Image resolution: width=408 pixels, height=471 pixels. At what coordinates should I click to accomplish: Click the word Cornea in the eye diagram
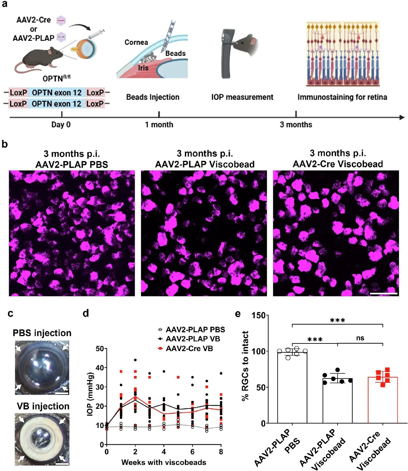pyautogui.click(x=136, y=42)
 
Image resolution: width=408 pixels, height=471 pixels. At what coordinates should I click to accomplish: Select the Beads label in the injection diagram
pyautogui.click(x=175, y=53)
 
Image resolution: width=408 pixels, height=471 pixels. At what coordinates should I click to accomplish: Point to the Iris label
pyautogui.click(x=143, y=68)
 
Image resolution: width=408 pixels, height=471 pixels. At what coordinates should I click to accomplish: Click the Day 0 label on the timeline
pyautogui.click(x=61, y=125)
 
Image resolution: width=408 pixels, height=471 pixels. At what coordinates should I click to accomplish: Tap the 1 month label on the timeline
pyautogui.click(x=159, y=125)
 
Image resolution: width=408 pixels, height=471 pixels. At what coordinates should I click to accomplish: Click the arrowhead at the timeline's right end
pyautogui.click(x=402, y=117)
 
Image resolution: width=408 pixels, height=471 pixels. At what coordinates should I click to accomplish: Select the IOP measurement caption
pyautogui.click(x=242, y=97)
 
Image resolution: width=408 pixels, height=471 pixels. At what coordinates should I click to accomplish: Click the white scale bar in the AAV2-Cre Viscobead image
pyautogui.click(x=384, y=293)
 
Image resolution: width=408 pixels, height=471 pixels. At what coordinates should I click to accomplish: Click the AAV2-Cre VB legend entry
pyautogui.click(x=189, y=349)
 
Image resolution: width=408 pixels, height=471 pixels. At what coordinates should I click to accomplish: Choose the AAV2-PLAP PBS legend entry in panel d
pyautogui.click(x=195, y=329)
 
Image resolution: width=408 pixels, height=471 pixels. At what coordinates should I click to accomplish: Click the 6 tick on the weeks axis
pyautogui.click(x=193, y=452)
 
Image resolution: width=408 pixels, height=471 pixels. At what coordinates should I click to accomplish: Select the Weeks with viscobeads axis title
pyautogui.click(x=164, y=462)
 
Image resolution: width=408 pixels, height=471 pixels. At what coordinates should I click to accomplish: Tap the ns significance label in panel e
pyautogui.click(x=360, y=338)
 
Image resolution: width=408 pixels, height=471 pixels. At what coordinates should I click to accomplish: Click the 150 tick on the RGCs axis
pyautogui.click(x=259, y=315)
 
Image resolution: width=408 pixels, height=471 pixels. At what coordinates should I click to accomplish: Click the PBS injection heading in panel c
pyautogui.click(x=42, y=333)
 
